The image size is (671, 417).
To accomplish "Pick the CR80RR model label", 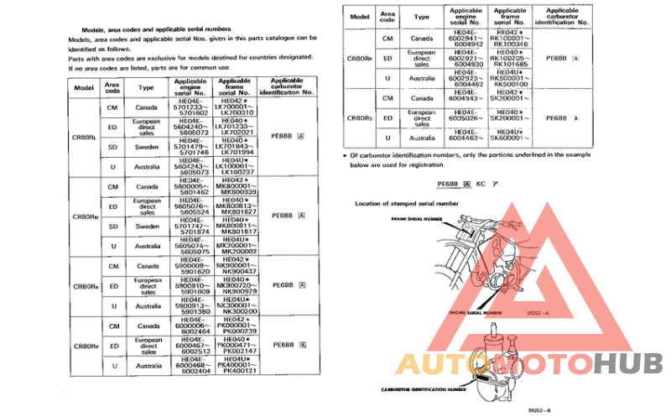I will [360, 60].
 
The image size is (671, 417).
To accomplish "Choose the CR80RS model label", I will [360, 118].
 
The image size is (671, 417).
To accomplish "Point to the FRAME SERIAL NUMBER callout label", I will [415, 218].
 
